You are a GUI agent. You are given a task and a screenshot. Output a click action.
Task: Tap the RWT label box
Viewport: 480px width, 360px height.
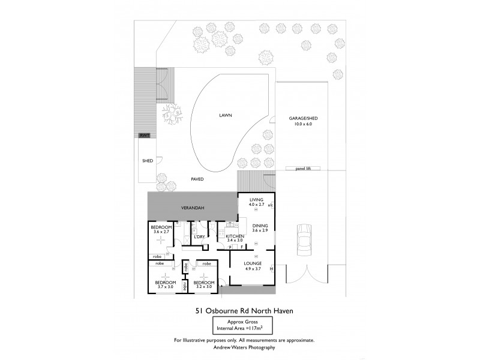pyautogui.click(x=144, y=136)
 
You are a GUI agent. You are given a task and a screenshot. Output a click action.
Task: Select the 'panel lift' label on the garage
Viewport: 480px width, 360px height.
pyautogui.click(x=304, y=168)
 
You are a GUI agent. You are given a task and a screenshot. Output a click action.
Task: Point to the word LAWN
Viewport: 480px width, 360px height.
pyautogui.click(x=225, y=115)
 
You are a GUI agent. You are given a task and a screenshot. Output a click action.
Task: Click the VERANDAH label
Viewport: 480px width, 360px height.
pyautogui.click(x=193, y=208)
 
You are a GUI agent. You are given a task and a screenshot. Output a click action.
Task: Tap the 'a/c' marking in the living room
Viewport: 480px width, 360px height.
pyautogui.click(x=271, y=205)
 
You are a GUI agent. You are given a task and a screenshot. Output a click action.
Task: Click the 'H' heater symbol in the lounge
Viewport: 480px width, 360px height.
pyautogui.click(x=271, y=268)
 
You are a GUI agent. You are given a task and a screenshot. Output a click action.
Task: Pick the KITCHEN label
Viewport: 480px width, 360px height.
pyautogui.click(x=235, y=236)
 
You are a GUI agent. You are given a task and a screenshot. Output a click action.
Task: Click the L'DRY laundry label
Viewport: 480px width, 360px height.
pyautogui.click(x=200, y=236)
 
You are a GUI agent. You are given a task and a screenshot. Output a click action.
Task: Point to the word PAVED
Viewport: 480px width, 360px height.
pyautogui.click(x=197, y=179)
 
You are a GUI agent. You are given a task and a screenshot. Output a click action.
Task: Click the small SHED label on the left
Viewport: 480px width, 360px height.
pyautogui.click(x=147, y=161)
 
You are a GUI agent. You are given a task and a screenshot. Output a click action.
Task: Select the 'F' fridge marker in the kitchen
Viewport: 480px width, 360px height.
pyautogui.click(x=241, y=247)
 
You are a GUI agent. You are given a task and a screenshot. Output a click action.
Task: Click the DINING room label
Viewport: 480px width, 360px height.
pyautogui.click(x=259, y=226)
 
